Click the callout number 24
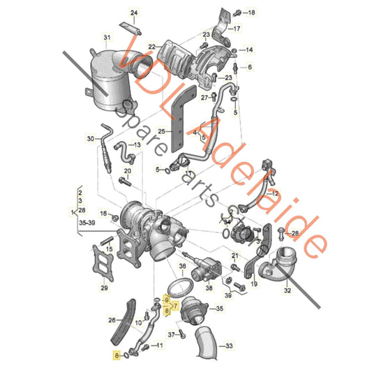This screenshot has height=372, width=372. click(x=135, y=13)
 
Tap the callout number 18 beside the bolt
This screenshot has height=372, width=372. click(x=251, y=13)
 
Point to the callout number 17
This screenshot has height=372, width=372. click(x=237, y=29)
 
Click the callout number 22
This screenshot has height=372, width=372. click(x=151, y=47)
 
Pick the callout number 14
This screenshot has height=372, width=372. click(x=249, y=50)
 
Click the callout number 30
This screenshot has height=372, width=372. click(x=90, y=139)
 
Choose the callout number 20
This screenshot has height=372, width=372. click(x=127, y=170)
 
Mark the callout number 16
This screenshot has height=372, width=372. click(x=103, y=214)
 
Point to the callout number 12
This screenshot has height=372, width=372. click(x=274, y=193)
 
